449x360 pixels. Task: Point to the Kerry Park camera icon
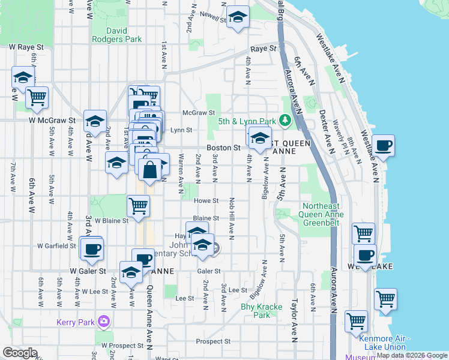[x=104, y=322]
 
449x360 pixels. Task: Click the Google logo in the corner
[x=19, y=353]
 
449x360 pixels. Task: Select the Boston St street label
[x=223, y=147]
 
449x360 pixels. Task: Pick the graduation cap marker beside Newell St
[x=238, y=17]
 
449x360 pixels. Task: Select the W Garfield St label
[x=57, y=246]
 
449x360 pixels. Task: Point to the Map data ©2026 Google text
[x=411, y=355]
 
